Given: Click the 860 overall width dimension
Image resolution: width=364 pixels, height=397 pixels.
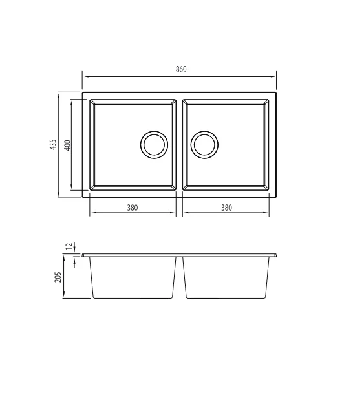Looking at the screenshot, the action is (x=181, y=69).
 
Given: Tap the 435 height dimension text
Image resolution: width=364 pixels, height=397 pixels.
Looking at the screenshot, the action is (x=53, y=144).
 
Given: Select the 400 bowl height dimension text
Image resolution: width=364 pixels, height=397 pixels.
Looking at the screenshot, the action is (x=68, y=145).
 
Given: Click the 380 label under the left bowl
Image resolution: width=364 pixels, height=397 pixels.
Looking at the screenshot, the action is (x=133, y=208).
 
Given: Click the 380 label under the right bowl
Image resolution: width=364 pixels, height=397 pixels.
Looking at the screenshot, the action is (x=226, y=208).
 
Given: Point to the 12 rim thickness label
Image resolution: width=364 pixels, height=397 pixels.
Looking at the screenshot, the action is (x=69, y=246).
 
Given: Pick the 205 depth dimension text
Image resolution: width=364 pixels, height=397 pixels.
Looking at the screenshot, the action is (x=58, y=277).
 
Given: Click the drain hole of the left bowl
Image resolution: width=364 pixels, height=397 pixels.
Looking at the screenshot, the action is (x=154, y=145).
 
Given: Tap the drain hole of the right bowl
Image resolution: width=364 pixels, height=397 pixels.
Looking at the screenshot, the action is (x=204, y=145).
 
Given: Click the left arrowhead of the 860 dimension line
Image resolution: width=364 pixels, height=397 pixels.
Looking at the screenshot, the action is (x=87, y=76).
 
